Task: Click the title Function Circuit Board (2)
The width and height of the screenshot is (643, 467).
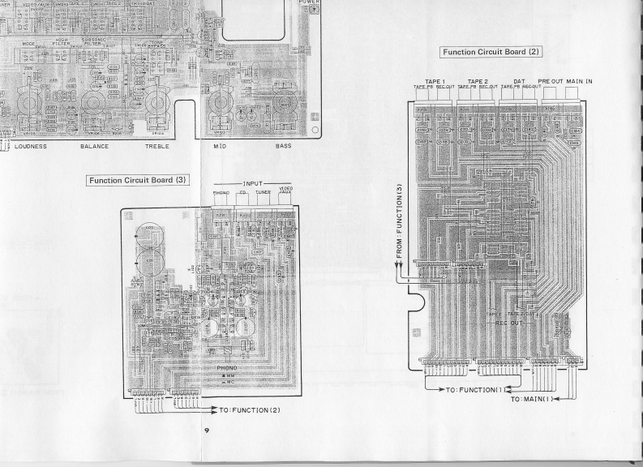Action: tap(491, 52)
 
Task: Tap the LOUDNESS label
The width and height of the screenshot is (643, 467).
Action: tap(30, 147)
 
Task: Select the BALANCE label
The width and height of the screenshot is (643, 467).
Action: tap(95, 147)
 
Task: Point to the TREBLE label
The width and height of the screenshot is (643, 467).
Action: tap(157, 147)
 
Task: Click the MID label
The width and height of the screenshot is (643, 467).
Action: tap(219, 147)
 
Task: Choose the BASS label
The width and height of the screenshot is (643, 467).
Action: tap(284, 147)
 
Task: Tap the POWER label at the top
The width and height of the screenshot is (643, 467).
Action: tap(310, 2)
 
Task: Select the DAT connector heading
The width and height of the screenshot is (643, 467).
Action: tap(520, 82)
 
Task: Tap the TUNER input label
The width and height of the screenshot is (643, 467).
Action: tap(264, 193)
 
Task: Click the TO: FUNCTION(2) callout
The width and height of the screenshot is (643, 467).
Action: tap(251, 409)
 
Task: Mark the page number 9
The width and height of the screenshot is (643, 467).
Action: tap(208, 429)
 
